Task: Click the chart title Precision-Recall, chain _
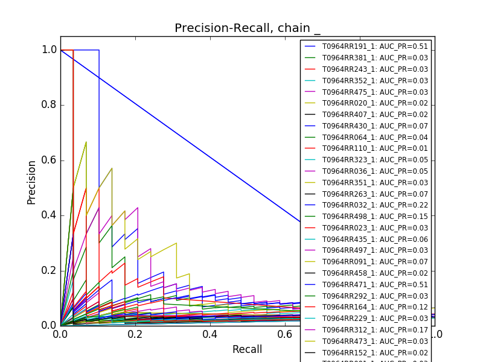click(x=248, y=28)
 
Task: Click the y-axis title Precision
click(x=31, y=182)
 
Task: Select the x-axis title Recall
click(x=247, y=349)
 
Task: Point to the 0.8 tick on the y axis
click(x=49, y=105)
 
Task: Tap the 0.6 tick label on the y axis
click(x=49, y=160)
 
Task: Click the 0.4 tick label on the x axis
click(x=210, y=334)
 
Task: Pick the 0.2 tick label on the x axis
click(x=135, y=334)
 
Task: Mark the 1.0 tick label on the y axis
click(x=49, y=49)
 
